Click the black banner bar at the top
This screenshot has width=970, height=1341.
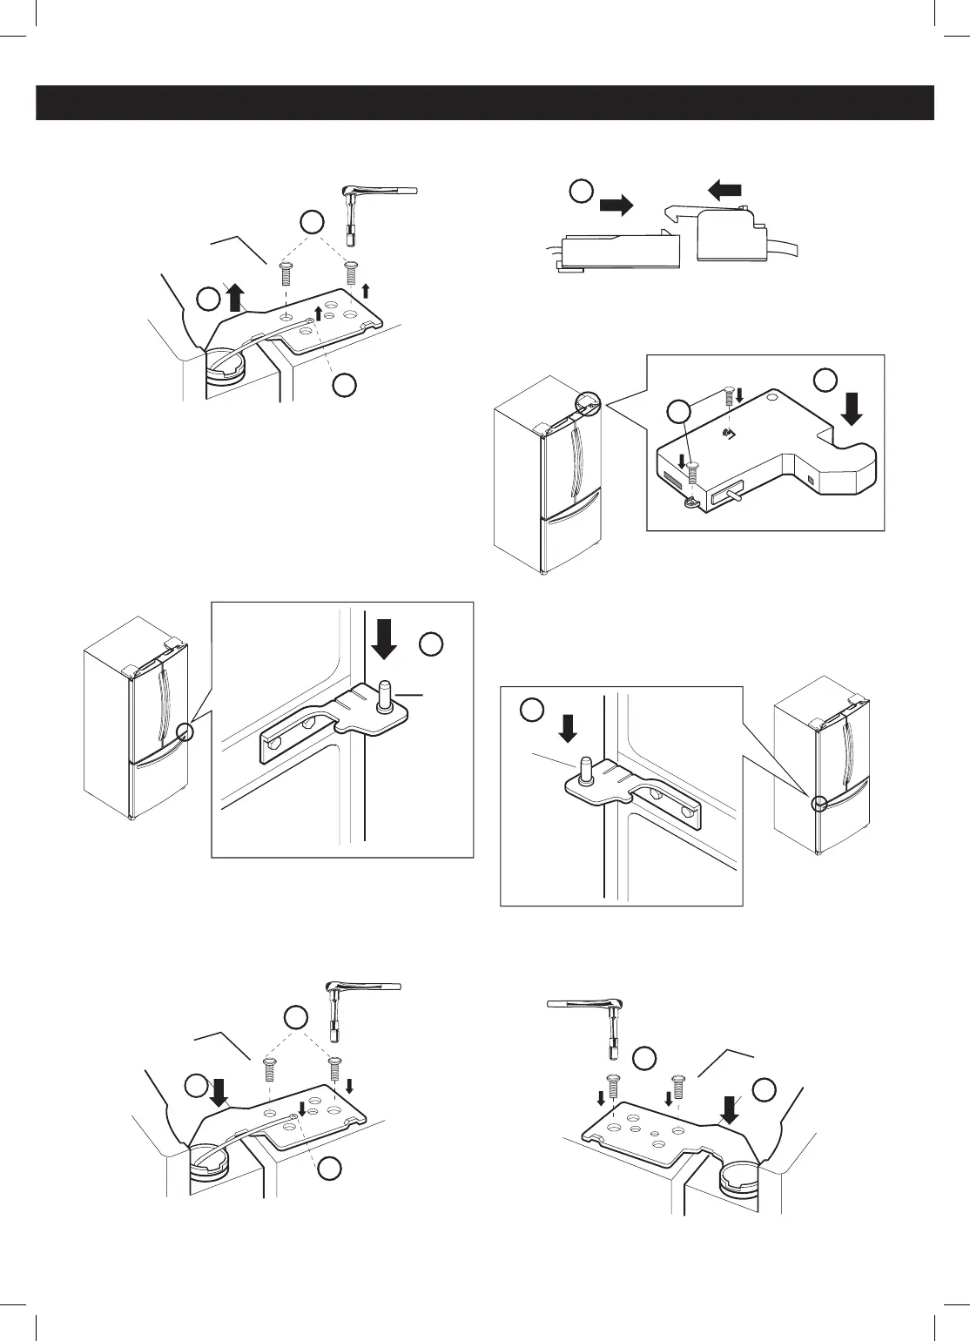click(x=484, y=103)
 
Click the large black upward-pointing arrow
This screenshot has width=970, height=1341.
click(x=233, y=299)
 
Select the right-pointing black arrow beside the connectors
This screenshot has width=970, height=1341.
click(x=616, y=206)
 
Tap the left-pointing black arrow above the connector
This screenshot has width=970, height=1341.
click(x=724, y=189)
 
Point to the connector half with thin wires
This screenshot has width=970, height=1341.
click(x=618, y=251)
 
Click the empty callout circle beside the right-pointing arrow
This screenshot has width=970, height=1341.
click(x=582, y=191)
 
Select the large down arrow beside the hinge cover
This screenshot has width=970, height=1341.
click(x=852, y=407)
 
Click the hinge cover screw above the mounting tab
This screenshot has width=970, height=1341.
click(x=692, y=473)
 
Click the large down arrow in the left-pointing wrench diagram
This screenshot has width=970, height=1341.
click(x=729, y=1109)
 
